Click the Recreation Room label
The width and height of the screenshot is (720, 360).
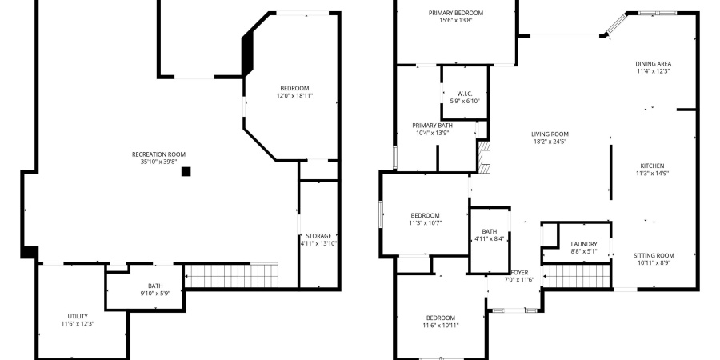pos(158,154)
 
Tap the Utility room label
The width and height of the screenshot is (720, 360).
pos(78,316)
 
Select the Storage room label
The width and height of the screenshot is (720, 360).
pos(318,236)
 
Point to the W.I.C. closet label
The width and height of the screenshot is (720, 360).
pos(465,93)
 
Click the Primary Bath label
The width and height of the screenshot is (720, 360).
pos(433,126)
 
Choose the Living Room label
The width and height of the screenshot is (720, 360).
pos(550,134)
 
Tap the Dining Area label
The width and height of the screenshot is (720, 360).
pos(653,64)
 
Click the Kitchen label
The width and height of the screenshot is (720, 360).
pos(652,165)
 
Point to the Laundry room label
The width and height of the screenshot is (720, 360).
pos(584,244)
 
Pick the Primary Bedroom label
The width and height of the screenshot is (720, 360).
pos(455,13)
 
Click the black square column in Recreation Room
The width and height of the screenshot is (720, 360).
pos(186,170)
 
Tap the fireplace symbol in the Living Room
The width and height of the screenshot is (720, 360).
pos(482,157)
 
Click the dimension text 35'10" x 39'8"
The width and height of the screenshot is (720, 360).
pos(158,162)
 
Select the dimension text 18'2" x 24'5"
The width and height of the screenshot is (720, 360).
pos(550,142)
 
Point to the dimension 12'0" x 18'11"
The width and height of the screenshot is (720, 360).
pos(294,96)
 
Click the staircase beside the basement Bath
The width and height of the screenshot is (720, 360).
pos(232,276)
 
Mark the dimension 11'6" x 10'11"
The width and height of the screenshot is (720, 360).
pos(441,326)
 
